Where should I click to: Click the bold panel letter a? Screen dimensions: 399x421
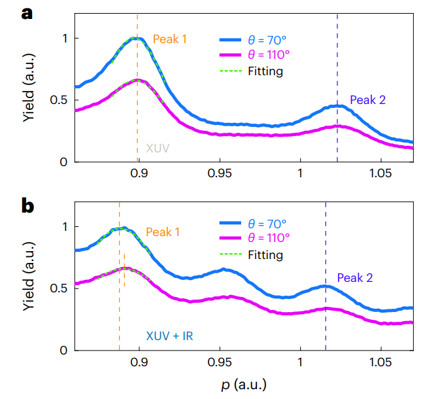pos(27,13)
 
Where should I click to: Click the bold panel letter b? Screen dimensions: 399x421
pos(27,206)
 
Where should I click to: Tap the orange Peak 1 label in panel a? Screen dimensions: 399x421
pos(170,39)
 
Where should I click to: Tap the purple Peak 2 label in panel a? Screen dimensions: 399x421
pos(367,100)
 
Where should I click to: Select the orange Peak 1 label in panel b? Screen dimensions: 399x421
pos(163,232)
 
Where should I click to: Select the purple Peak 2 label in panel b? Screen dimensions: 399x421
pos(355,278)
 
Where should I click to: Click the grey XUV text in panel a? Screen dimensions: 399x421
pos(158,148)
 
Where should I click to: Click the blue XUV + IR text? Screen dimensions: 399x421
pos(169,336)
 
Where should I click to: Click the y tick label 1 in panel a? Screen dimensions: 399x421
pos(63,39)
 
